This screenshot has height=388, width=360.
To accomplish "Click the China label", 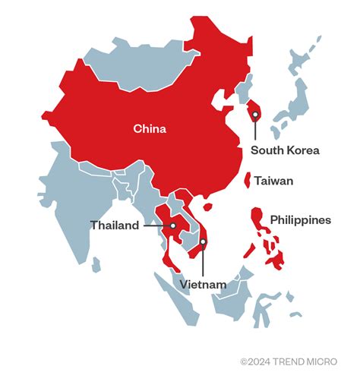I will tap(150, 128).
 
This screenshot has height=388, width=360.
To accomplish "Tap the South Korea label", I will tap(285, 150).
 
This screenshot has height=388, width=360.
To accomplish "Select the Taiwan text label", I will tap(273, 181).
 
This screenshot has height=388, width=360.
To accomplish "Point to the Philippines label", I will tap(301, 220).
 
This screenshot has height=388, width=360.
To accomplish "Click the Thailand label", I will tap(115, 226).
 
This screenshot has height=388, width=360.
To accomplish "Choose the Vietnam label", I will tap(204, 285).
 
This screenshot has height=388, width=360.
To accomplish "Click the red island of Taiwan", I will tap(247, 181).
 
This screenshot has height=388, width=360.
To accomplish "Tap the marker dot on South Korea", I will tap(255, 115).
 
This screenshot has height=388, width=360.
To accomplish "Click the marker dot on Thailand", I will tap(173, 226).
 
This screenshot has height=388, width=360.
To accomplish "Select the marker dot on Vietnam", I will tap(204, 242).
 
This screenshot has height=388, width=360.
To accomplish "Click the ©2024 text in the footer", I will tap(254, 362).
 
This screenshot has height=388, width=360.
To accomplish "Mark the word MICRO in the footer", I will tap(323, 362).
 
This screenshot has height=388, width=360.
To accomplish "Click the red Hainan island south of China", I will tap(207, 205).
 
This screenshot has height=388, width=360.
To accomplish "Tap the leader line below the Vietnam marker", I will tap(204, 262).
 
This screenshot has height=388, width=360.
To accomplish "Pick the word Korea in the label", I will tap(302, 150).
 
